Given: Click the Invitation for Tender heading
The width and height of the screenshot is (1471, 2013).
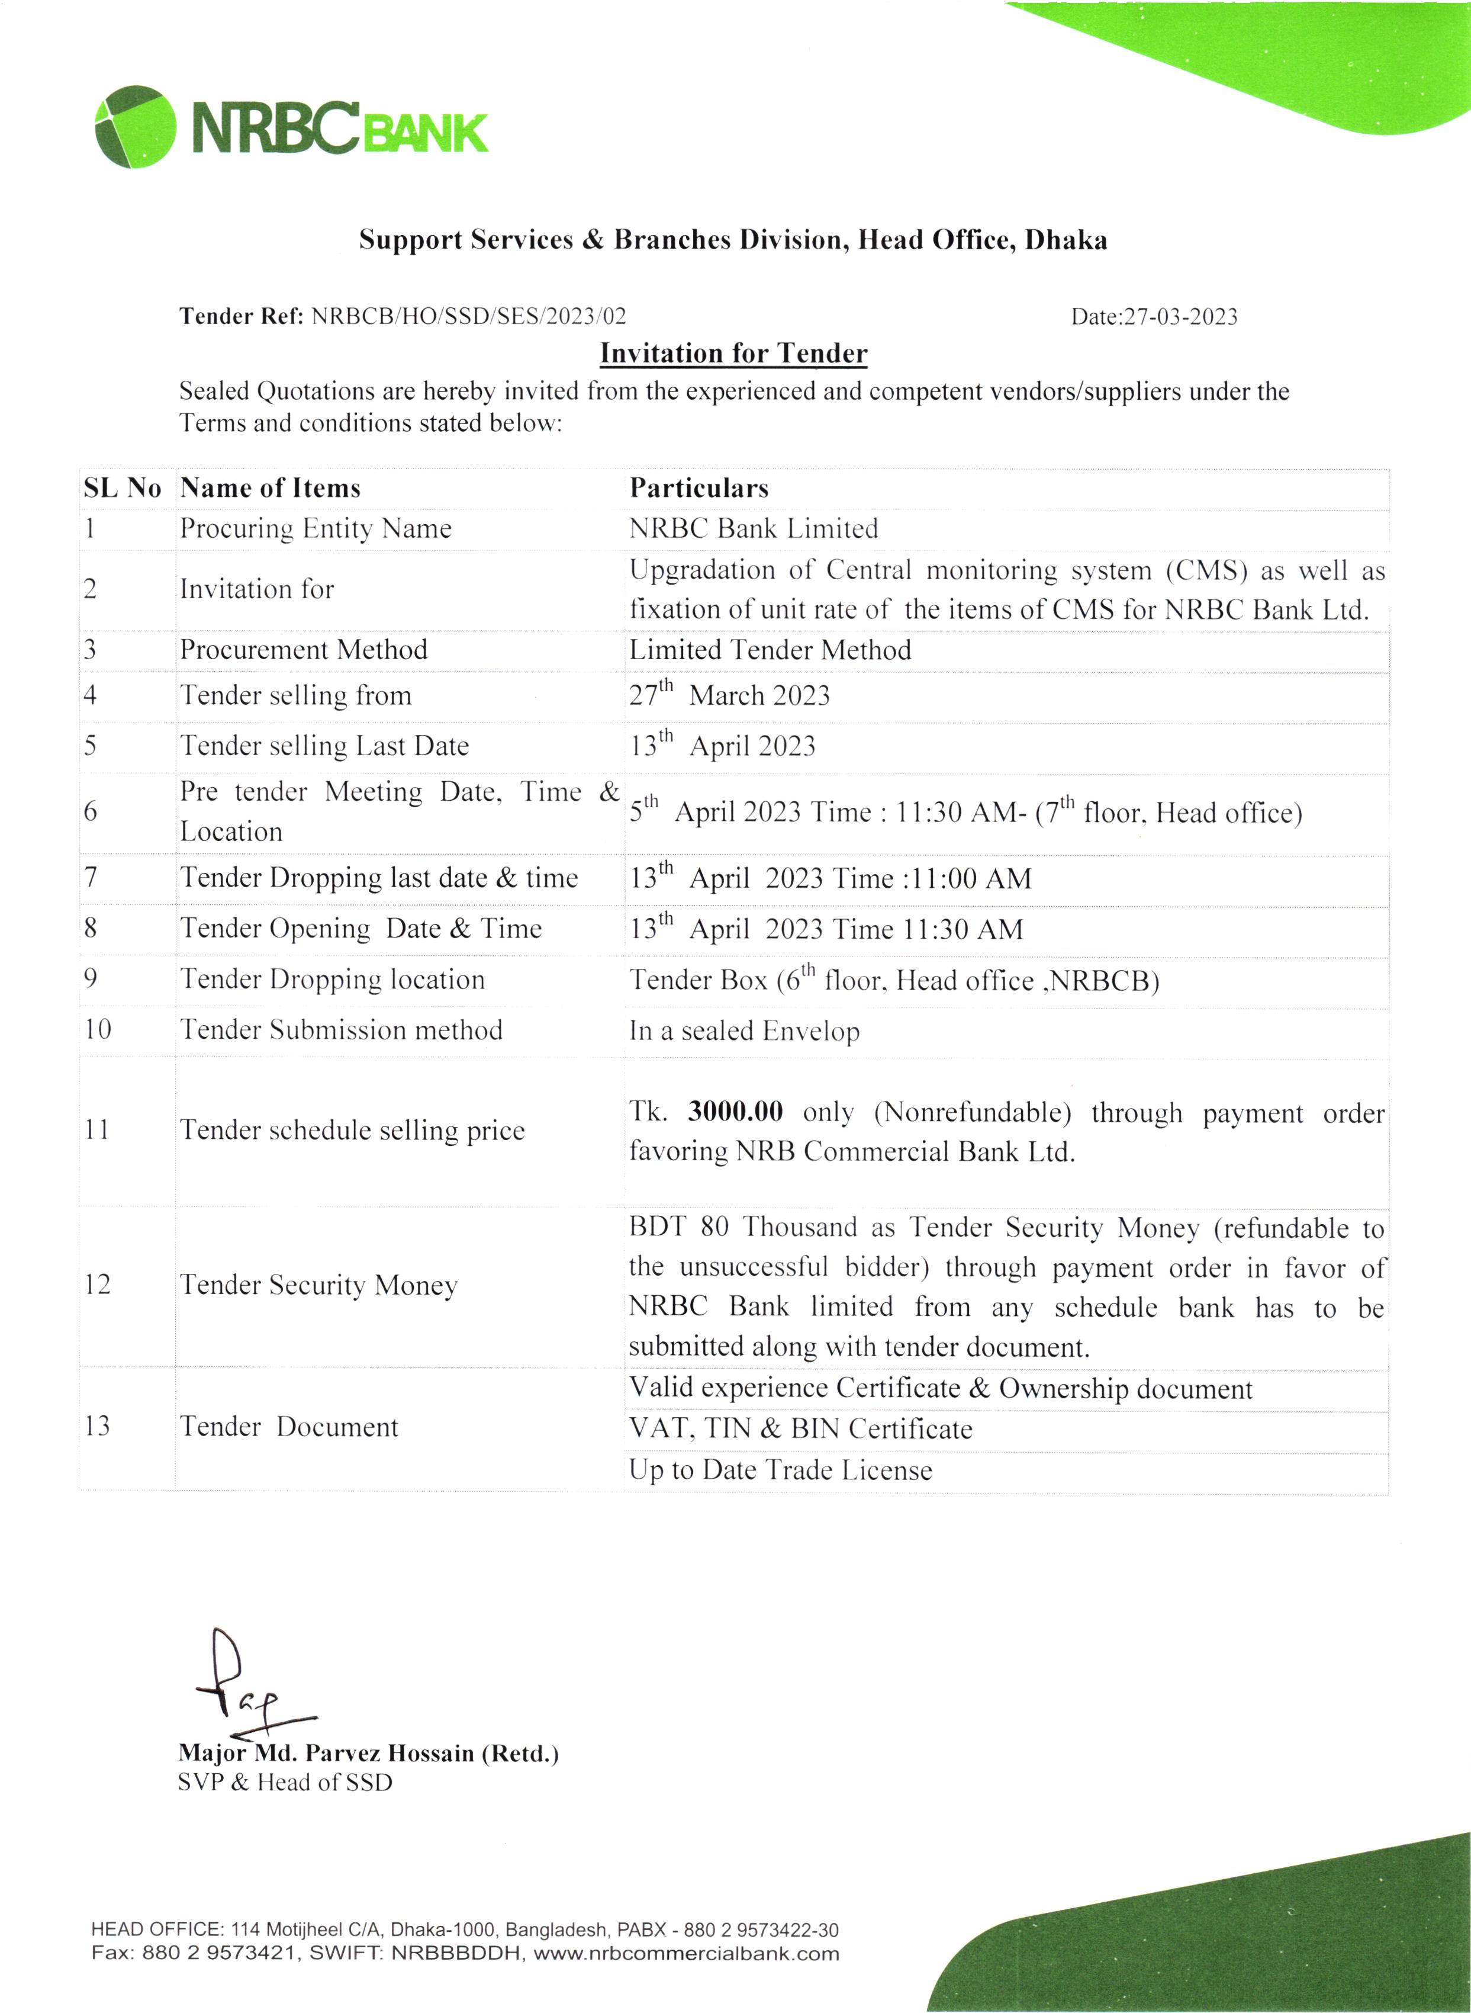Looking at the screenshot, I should coord(733,354).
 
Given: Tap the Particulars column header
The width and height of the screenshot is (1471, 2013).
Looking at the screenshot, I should coord(699,488).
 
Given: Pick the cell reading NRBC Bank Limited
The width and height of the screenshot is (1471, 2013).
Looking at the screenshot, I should coord(754,529).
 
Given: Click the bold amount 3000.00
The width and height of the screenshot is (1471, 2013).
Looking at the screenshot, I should coord(735,1112).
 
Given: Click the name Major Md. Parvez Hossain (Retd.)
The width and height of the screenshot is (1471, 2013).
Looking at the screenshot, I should coord(368,1753).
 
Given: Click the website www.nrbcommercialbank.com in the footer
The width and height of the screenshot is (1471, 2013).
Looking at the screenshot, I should coord(687,1954).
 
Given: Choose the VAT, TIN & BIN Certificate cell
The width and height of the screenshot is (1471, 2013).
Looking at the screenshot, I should coord(800,1428).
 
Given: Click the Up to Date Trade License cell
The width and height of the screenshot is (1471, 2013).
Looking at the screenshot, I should coord(780,1470).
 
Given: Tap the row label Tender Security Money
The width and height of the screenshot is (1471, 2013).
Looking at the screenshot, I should coord(319,1285).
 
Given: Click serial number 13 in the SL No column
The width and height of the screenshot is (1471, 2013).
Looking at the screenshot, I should coord(97,1426).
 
